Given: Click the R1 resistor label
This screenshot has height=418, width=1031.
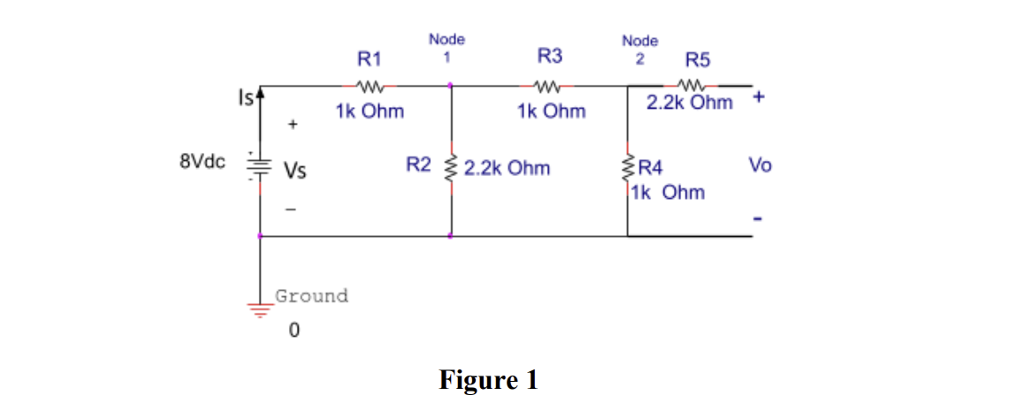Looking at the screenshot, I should [369, 59].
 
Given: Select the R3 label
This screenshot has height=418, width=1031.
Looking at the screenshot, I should [550, 57].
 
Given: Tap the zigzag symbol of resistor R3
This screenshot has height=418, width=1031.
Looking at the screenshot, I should [548, 87].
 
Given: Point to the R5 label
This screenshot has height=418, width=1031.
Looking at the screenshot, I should [698, 61].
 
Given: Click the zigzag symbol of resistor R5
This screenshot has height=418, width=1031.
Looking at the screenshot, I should [691, 87].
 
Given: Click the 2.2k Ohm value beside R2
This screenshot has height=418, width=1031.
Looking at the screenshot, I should [507, 167].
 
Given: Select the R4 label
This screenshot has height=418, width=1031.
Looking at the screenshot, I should [654, 167].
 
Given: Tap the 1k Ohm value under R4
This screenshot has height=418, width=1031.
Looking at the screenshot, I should [668, 192].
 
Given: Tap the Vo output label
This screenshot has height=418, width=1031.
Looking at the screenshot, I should [760, 165].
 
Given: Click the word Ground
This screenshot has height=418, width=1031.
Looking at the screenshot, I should [311, 296].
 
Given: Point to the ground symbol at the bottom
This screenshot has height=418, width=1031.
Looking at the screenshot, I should [259, 310].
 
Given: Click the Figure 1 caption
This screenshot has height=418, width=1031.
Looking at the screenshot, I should [488, 380].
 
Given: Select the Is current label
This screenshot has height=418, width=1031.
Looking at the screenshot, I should [246, 96].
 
